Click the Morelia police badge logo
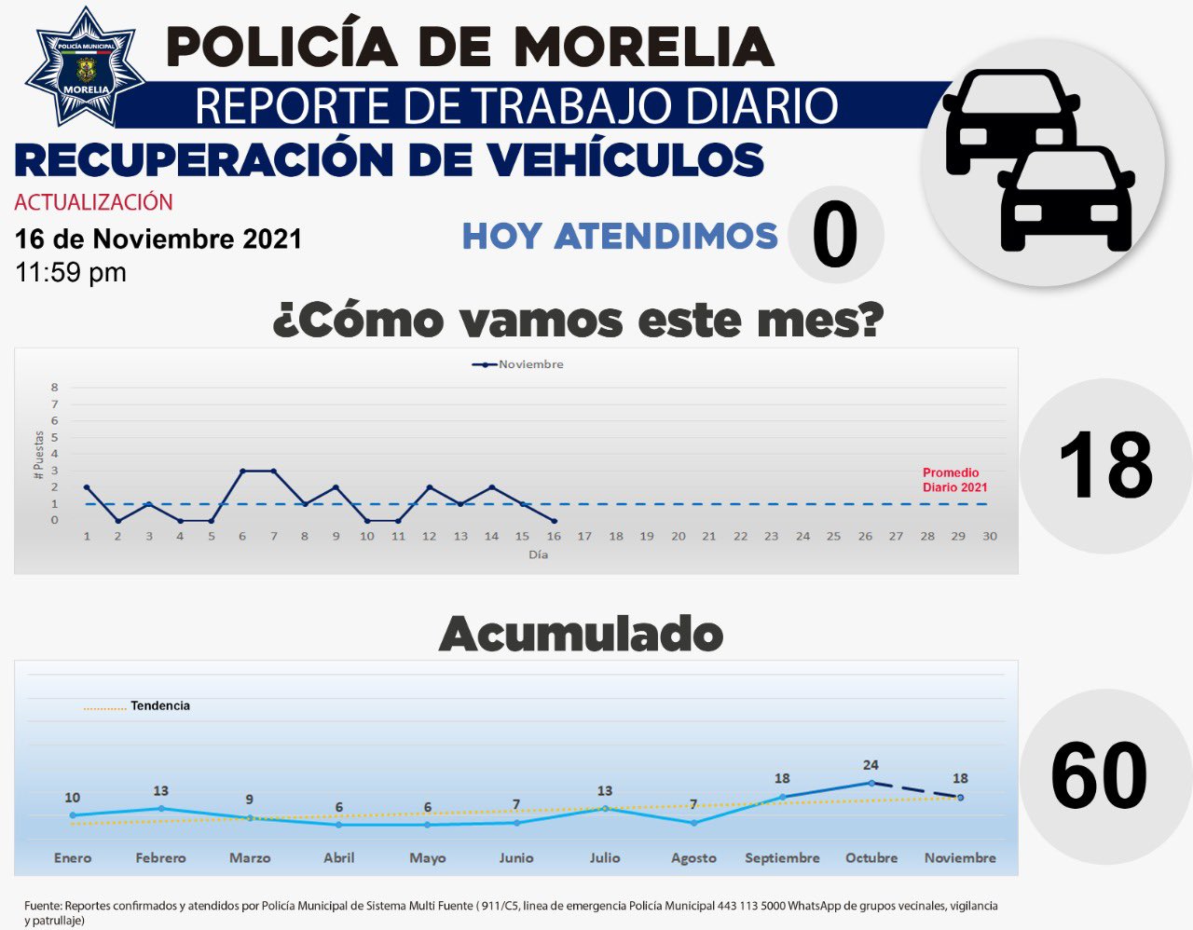pyautogui.click(x=86, y=67)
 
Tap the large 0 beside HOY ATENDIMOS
pyautogui.click(x=834, y=236)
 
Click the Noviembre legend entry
pyautogui.click(x=518, y=364)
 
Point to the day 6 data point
pyautogui.click(x=242, y=471)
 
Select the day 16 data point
pyautogui.click(x=554, y=521)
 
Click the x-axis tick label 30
pyautogui.click(x=990, y=536)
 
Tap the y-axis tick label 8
pyautogui.click(x=55, y=388)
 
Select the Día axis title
pyautogui.click(x=538, y=554)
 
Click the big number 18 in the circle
pyautogui.click(x=1106, y=465)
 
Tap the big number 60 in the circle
pyautogui.click(x=1099, y=776)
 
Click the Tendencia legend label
pyautogui.click(x=159, y=705)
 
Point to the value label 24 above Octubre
pyautogui.click(x=871, y=765)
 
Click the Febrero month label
pyautogui.click(x=161, y=857)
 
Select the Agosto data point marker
pyautogui.click(x=693, y=823)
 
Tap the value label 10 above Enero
pyautogui.click(x=73, y=798)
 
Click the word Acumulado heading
pyautogui.click(x=581, y=635)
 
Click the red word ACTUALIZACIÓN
pyautogui.click(x=93, y=202)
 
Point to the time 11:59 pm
pyautogui.click(x=71, y=272)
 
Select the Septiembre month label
pyautogui.click(x=782, y=857)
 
